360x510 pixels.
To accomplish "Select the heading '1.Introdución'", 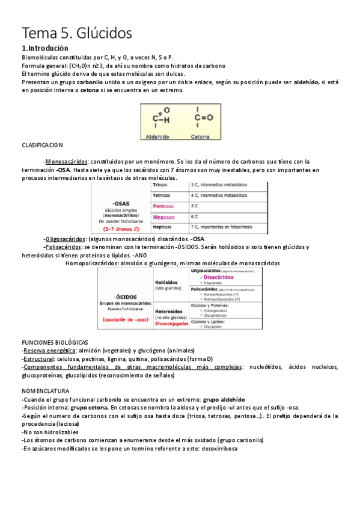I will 44,48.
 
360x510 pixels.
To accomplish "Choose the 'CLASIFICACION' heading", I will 42,146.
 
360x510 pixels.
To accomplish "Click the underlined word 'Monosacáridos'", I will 67,161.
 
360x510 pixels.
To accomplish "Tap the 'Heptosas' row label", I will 165,227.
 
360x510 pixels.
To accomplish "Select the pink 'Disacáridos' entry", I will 219,277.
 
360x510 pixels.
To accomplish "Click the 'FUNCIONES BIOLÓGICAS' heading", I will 55,342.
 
